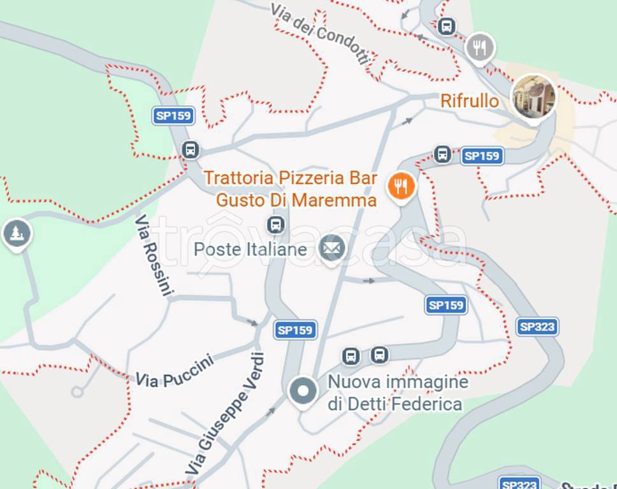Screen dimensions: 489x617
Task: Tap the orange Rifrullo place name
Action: point(470,101)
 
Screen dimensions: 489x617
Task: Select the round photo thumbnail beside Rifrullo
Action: point(534,97)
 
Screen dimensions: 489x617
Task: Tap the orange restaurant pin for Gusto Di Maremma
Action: point(401,186)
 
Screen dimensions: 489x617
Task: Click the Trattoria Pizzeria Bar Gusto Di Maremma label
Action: point(291,188)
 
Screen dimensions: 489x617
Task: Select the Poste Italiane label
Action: point(250,249)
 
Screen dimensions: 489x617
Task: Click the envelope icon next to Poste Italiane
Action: point(331,248)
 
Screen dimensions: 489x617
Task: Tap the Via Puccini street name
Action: point(174,371)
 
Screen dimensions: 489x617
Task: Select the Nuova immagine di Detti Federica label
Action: point(398,393)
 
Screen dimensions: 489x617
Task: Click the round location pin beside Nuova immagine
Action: point(303,390)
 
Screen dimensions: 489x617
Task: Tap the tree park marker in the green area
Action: point(17,233)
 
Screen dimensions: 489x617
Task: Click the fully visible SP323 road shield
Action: point(537,327)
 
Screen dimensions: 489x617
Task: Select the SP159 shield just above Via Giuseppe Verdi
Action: point(296,330)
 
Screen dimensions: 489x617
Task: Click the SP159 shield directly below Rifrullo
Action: point(482,156)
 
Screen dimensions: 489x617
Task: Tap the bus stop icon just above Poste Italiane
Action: point(275,224)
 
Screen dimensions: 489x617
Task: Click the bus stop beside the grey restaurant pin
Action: point(447,26)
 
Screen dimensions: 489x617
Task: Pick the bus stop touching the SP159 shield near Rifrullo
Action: point(442,154)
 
